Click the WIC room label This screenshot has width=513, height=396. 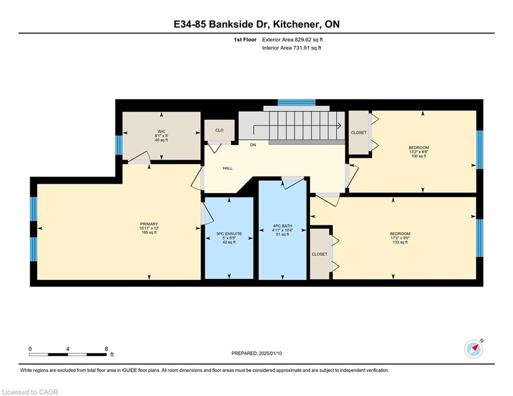click(161, 131)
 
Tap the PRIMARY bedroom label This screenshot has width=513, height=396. click(149, 224)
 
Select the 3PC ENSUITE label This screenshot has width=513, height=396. click(229, 234)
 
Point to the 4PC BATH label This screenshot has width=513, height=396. click(283, 226)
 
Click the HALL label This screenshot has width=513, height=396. click(228, 168)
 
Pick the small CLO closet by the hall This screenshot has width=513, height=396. click(219, 130)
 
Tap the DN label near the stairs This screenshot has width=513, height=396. click(253, 145)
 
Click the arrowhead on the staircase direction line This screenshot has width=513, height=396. click(339, 125)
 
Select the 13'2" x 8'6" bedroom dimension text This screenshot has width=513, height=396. click(419, 152)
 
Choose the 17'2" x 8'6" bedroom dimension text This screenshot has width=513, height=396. click(400, 238)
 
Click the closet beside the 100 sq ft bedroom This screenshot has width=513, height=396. click(359, 133)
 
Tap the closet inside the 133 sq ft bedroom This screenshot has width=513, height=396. click(320, 254)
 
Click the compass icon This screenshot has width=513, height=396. click(473, 349)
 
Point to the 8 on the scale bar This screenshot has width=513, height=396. click(106, 349)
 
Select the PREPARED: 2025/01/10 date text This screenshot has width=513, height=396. click(257, 353)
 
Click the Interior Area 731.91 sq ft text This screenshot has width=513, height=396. click(291, 48)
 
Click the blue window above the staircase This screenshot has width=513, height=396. click(296, 103)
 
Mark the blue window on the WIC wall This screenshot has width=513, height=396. click(119, 145)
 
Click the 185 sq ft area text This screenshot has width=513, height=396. click(149, 233)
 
